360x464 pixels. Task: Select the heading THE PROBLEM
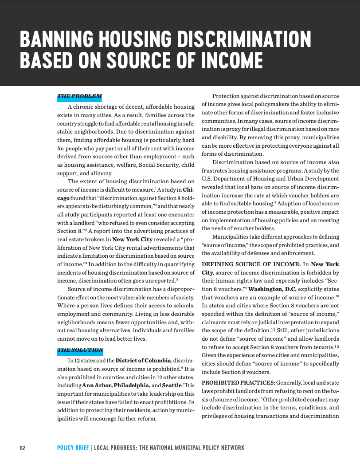coord(79,96)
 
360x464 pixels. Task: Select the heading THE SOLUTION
coord(80,350)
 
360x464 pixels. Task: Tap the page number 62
coord(23,448)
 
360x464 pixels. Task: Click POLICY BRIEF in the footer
coord(73,448)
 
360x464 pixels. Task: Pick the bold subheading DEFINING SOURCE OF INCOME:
coord(251,264)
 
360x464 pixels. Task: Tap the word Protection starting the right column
coord(227,96)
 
